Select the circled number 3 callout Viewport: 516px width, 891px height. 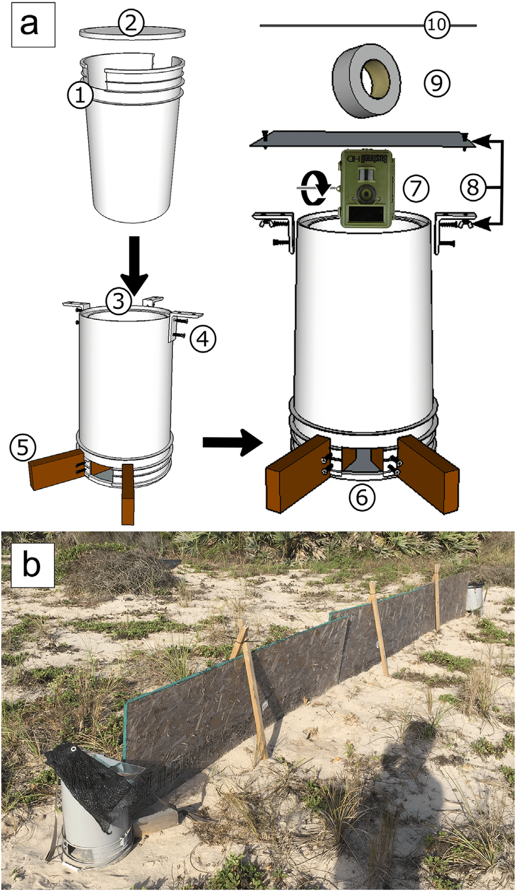click(x=118, y=301)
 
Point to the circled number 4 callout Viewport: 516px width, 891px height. click(x=203, y=339)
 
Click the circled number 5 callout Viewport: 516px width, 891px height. click(x=22, y=447)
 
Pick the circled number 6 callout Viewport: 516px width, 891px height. click(x=362, y=498)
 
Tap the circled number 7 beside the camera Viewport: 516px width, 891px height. click(x=416, y=189)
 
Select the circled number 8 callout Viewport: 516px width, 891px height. click(x=473, y=186)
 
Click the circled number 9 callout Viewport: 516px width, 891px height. click(x=436, y=83)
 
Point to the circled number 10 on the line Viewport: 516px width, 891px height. click(x=436, y=25)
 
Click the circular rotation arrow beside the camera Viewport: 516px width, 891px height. click(x=313, y=188)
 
